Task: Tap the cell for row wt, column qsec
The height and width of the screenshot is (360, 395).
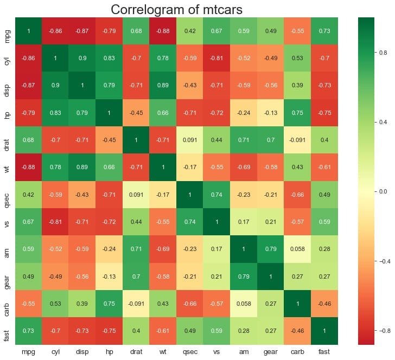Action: [x=190, y=167]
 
